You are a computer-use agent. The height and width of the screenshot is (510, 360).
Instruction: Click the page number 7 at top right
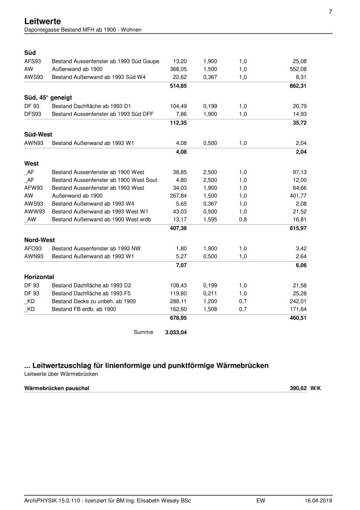(x=330, y=12)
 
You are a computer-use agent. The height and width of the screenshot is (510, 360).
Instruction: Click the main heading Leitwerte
(x=42, y=21)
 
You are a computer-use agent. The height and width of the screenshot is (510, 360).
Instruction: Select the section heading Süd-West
(x=38, y=134)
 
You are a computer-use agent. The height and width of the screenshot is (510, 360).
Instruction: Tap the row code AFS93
(x=33, y=61)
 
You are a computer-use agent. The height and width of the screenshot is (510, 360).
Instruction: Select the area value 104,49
(x=178, y=106)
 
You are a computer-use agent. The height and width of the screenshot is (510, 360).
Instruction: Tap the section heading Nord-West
(x=40, y=240)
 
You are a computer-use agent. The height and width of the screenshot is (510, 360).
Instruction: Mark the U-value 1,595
(x=210, y=219)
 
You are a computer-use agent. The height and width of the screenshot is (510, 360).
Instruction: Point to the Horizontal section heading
(x=39, y=277)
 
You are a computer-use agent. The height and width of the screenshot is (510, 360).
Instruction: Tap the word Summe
(x=144, y=332)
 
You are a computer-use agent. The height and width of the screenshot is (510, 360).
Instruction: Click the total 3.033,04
(x=176, y=332)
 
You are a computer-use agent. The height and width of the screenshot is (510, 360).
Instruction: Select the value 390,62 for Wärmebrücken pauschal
(x=298, y=388)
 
